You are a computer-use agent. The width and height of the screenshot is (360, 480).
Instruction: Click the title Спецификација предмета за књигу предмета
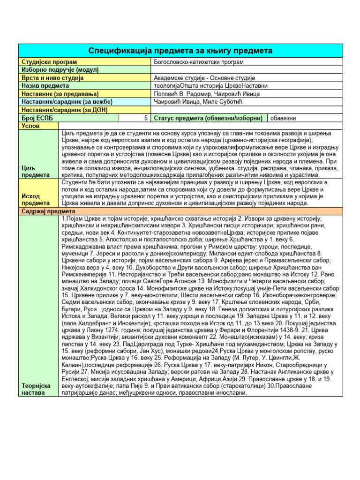click(180, 50)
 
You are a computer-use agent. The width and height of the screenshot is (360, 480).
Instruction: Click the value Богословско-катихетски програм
click(199, 62)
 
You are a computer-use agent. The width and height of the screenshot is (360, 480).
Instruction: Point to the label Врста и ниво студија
click(52, 78)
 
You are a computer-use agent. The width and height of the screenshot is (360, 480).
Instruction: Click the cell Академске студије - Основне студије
click(204, 78)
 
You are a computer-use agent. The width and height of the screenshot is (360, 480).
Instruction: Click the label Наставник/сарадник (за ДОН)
click(64, 110)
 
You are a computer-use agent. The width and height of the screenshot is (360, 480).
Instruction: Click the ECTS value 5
click(147, 118)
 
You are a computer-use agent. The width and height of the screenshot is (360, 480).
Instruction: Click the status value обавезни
click(283, 118)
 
